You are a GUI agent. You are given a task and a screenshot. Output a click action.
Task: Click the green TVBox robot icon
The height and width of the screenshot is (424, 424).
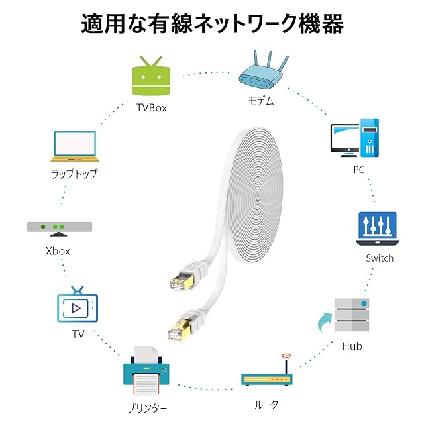point(151,76)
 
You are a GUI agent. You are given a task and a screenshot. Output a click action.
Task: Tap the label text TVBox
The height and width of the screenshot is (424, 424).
point(152,108)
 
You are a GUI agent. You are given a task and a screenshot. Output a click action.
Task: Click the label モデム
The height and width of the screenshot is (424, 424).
point(261,101)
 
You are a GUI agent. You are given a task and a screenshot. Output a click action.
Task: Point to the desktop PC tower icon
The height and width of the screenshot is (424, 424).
point(354,138)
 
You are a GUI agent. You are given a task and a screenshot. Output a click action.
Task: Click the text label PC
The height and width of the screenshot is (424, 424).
point(359,170)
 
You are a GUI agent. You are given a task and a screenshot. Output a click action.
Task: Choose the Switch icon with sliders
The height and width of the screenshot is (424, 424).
point(378,229)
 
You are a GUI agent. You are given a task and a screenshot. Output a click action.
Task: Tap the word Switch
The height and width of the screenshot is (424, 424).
point(380,258)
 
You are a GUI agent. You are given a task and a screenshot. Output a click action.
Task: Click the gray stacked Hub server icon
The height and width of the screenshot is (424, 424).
point(352,315)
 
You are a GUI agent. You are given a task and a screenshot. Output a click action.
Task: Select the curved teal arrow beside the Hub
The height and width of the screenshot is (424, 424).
point(323,322)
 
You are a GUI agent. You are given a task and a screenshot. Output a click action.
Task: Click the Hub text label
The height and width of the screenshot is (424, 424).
point(352,346)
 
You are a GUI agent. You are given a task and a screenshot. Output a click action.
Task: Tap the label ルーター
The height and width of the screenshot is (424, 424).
point(270,405)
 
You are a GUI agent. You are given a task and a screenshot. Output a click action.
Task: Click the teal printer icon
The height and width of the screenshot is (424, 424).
point(146,371)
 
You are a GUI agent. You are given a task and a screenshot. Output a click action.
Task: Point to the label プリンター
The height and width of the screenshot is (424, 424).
point(147,408)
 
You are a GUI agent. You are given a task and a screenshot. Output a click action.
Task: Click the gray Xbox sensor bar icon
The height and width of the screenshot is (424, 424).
point(60,229)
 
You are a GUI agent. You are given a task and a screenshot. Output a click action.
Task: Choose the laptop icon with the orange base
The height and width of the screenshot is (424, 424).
point(75,146)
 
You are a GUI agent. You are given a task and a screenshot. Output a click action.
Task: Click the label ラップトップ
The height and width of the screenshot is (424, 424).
point(74,174)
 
